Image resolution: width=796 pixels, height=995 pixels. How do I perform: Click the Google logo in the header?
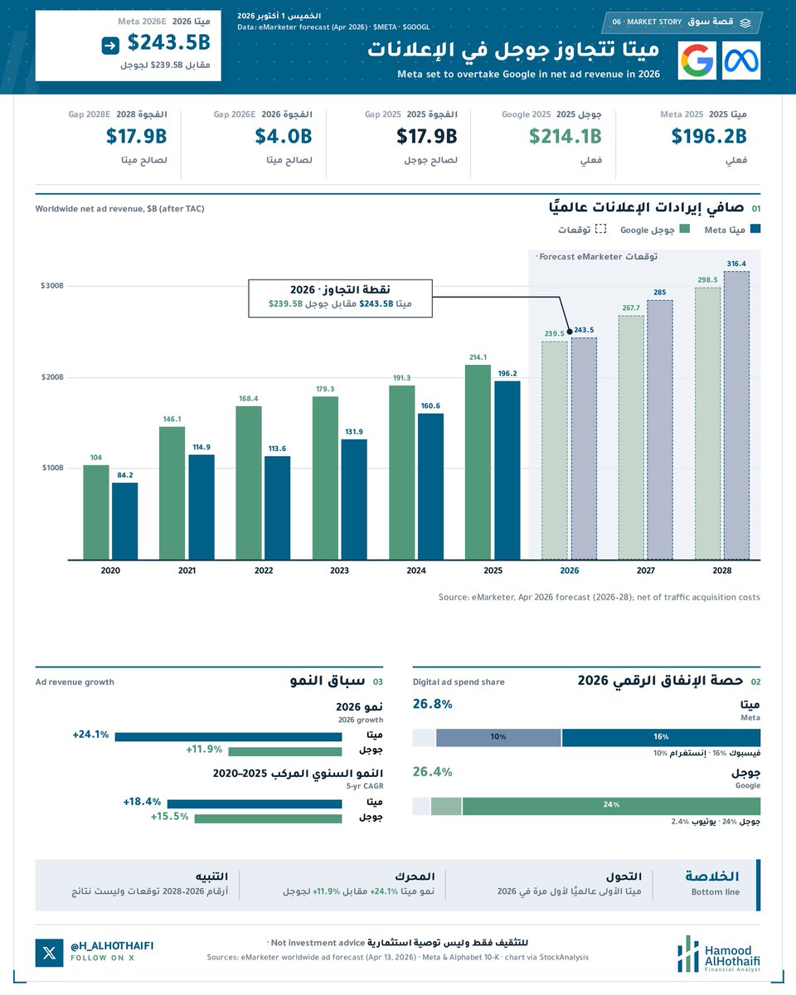[696, 61]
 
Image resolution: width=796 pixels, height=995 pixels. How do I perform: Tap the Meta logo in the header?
[741, 61]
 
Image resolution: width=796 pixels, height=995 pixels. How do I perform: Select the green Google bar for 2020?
[95, 512]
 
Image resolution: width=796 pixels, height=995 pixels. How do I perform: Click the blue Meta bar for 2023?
[354, 500]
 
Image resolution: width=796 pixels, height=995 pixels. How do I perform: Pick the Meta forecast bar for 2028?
[736, 415]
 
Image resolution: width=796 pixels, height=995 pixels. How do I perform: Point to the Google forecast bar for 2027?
[631, 438]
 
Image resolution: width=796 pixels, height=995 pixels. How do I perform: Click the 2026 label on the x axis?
[570, 570]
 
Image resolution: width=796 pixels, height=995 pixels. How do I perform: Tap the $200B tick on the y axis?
[52, 377]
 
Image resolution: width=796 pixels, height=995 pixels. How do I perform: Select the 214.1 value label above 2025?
[478, 357]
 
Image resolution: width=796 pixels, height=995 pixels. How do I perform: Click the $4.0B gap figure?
[284, 136]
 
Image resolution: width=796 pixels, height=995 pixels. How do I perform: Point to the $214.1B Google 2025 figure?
[565, 136]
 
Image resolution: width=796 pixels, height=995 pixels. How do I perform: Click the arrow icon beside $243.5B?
[110, 46]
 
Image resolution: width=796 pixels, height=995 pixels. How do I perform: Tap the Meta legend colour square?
[755, 229]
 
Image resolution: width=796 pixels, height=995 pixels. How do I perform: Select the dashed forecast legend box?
[600, 229]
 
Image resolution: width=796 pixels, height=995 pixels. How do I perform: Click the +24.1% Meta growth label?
[90, 735]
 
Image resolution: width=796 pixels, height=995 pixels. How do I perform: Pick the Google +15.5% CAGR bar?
[269, 819]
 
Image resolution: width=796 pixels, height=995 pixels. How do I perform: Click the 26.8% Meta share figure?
[433, 704]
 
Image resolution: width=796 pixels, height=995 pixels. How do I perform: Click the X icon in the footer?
[49, 953]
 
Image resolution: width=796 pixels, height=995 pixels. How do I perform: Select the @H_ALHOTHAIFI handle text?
[112, 946]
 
